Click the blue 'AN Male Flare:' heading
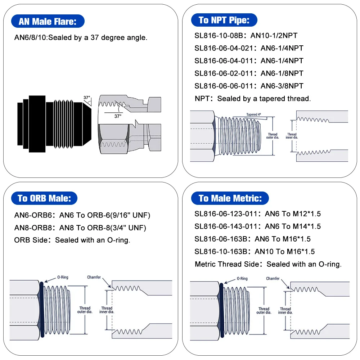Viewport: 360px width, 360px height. tap(48, 21)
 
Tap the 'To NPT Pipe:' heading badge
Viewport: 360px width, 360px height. tap(224, 20)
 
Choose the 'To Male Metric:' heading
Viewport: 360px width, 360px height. tap(230, 198)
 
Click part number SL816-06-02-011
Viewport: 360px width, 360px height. tap(223, 73)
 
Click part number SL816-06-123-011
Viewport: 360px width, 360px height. tap(226, 214)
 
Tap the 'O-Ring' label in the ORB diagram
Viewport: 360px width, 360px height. tap(63, 278)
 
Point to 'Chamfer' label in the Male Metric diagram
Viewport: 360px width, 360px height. tap(273, 279)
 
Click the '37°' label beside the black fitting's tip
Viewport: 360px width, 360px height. tap(87, 98)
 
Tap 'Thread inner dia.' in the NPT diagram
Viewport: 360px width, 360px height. tap(292, 136)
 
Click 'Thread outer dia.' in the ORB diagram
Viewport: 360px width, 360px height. tap(85, 310)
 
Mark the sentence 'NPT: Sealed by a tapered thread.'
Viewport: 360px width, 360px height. tap(252, 98)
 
